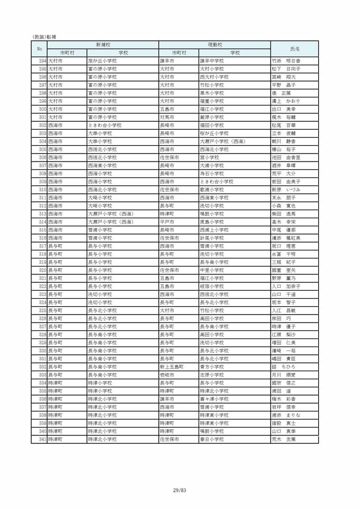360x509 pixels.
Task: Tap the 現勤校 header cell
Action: (214, 45)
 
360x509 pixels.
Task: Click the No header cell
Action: (39, 49)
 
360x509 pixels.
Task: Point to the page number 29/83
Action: (180, 490)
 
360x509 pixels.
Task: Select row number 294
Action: (43, 61)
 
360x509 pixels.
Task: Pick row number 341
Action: (43, 439)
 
